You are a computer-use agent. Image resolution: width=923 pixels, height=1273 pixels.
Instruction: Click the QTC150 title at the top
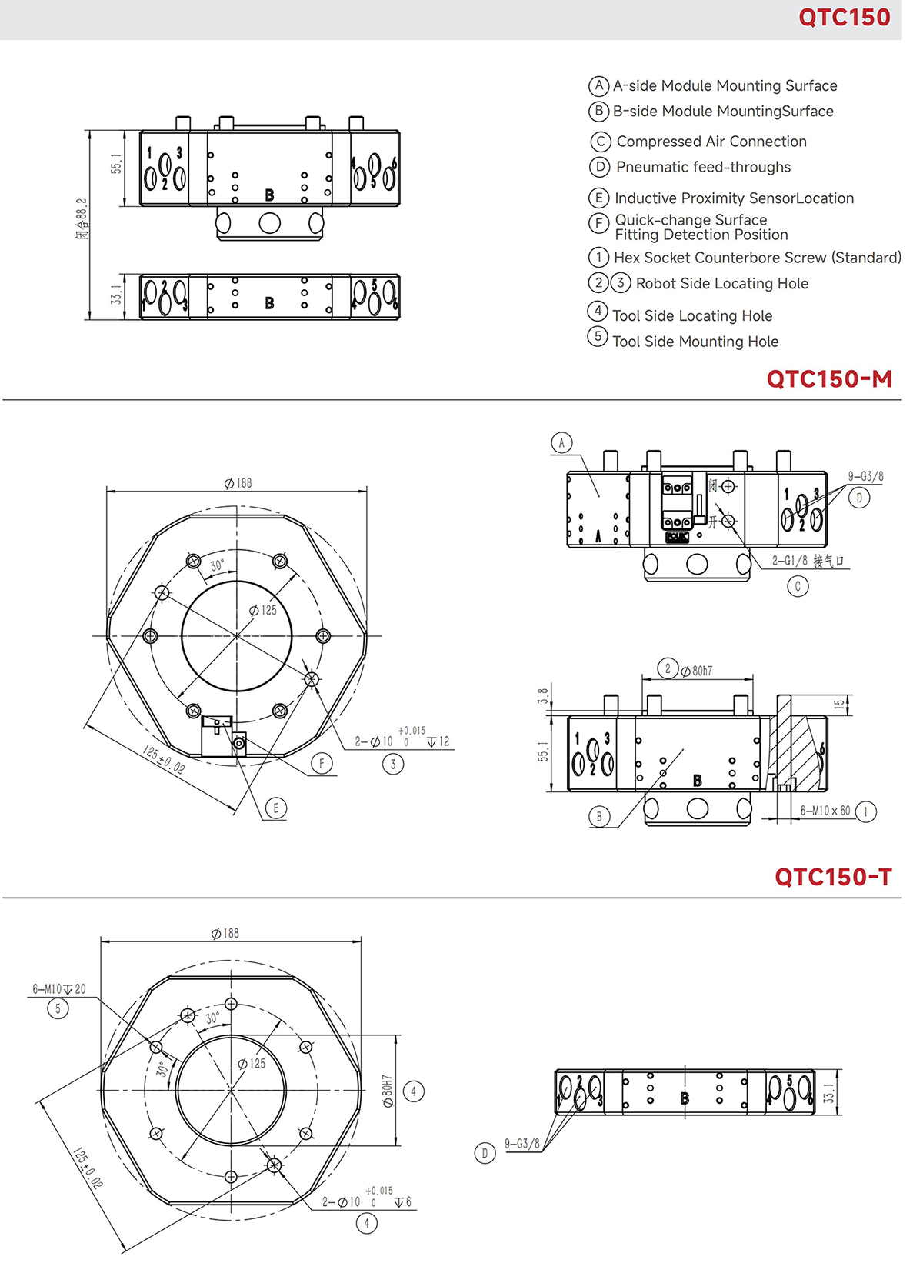[x=844, y=18]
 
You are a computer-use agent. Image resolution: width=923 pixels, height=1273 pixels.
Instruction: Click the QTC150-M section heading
[x=828, y=378]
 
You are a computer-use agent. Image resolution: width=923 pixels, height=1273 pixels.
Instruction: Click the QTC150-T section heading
[x=832, y=877]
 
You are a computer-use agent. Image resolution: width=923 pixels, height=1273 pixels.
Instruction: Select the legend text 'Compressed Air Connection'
[x=711, y=142]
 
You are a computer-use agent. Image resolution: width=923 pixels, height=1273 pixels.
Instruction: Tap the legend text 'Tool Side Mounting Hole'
[x=695, y=342]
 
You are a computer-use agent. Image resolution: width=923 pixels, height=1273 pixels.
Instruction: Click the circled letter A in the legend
[x=598, y=85]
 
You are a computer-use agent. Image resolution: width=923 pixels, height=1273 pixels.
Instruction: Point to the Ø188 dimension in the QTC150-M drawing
[x=238, y=483]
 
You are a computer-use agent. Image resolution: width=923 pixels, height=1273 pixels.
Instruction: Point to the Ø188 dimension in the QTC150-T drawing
[x=225, y=933]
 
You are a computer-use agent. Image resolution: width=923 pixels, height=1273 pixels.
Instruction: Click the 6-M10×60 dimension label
[x=825, y=811]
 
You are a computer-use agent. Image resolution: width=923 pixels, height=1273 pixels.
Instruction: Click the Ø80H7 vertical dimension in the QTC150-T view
[x=388, y=1091]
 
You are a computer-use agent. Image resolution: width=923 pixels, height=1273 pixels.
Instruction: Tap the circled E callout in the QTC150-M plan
[x=275, y=808]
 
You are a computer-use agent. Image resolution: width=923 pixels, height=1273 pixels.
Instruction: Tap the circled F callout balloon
[x=322, y=763]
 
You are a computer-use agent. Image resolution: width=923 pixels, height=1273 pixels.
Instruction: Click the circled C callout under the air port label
[x=798, y=586]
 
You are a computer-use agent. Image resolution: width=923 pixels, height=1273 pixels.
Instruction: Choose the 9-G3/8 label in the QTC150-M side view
[x=865, y=477]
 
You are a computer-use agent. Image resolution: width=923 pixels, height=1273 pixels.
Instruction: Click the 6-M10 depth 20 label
[x=59, y=989]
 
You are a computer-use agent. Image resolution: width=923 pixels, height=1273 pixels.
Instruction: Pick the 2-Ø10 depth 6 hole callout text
[x=366, y=1201]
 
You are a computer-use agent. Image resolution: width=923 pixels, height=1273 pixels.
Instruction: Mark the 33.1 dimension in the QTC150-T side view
[x=828, y=1093]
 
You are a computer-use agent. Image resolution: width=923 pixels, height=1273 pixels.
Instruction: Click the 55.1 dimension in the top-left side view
[x=116, y=164]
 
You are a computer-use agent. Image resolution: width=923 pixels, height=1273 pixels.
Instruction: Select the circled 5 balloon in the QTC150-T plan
[x=58, y=1008]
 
